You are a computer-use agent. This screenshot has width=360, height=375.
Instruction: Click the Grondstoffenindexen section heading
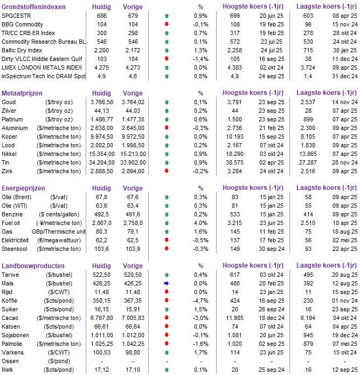click(x=33, y=6)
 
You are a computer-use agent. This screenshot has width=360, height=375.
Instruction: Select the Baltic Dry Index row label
click(x=22, y=50)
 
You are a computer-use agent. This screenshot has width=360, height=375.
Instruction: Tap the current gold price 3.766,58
click(x=102, y=102)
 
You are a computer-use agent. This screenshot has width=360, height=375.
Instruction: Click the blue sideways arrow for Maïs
click(x=167, y=283)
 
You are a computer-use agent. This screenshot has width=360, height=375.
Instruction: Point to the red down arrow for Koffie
click(x=167, y=301)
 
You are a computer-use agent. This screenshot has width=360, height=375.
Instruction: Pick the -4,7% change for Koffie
click(x=200, y=301)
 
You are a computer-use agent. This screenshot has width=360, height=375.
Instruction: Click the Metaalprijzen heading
click(x=22, y=93)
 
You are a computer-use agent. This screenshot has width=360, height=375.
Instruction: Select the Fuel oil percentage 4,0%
click(x=200, y=223)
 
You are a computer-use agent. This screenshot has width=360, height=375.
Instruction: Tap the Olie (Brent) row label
click(x=17, y=197)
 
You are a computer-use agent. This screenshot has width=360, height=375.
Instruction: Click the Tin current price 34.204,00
click(x=102, y=162)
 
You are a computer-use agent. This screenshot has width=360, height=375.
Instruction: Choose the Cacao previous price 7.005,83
click(x=133, y=318)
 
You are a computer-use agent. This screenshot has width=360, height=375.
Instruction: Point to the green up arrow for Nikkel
click(x=167, y=154)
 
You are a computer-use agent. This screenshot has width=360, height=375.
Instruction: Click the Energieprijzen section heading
click(x=23, y=188)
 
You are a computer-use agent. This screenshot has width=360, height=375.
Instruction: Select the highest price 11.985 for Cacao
click(x=235, y=318)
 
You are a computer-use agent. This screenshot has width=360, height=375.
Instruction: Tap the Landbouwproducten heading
click(x=33, y=265)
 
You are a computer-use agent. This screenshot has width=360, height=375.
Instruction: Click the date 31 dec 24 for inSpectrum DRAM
click(x=345, y=76)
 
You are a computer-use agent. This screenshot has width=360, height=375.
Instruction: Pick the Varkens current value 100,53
click(x=102, y=352)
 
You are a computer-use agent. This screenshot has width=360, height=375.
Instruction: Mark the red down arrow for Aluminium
click(x=167, y=128)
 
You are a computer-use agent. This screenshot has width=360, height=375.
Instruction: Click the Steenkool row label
click(x=15, y=249)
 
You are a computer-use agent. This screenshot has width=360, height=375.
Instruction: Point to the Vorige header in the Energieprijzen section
click(x=133, y=188)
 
